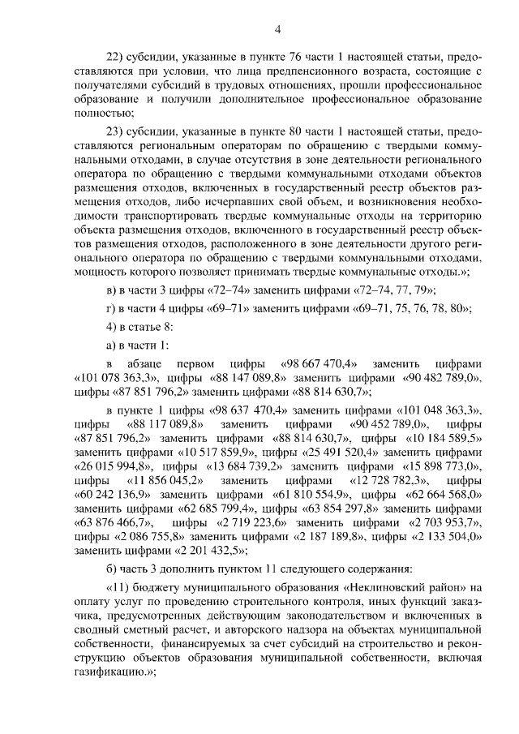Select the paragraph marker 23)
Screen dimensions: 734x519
point(117,132)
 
